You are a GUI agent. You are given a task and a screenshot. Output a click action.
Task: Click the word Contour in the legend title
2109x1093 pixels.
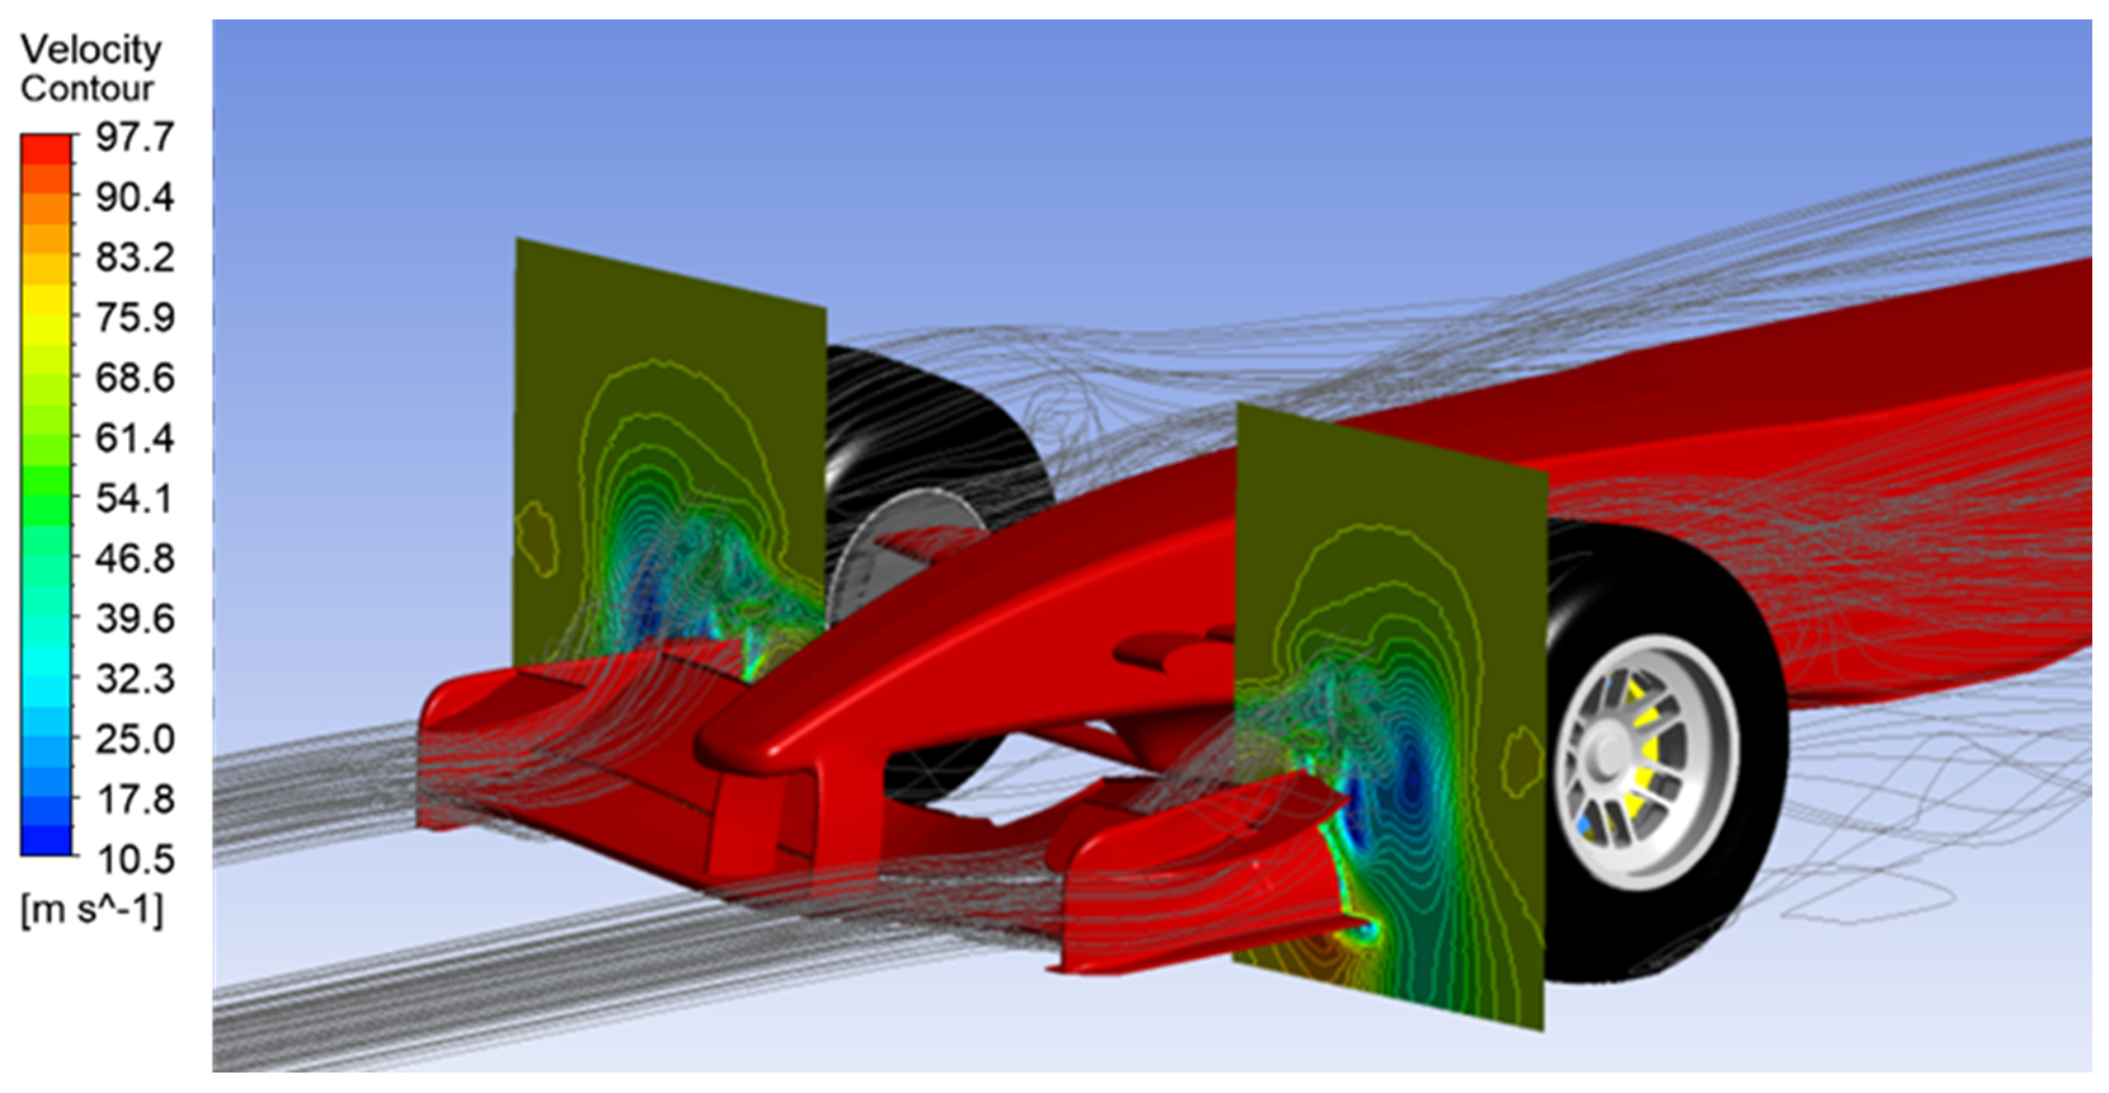pyautogui.click(x=87, y=88)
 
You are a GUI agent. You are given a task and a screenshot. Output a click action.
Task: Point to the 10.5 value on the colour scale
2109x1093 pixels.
pyautogui.click(x=135, y=860)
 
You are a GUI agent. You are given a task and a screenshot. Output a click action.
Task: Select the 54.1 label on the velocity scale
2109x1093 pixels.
pyautogui.click(x=135, y=499)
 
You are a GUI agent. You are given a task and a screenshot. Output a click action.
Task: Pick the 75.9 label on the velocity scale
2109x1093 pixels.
pyautogui.click(x=135, y=318)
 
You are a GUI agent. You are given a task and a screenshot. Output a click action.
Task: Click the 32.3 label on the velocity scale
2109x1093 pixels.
pyautogui.click(x=135, y=680)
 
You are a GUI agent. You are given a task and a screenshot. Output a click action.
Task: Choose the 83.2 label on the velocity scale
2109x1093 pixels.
pyautogui.click(x=135, y=258)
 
